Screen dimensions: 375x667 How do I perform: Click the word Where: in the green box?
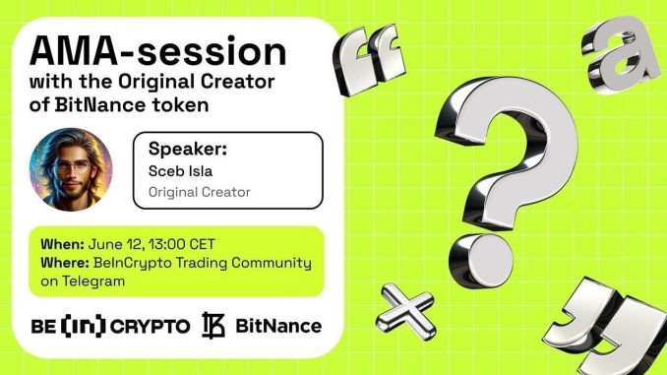point(66,263)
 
